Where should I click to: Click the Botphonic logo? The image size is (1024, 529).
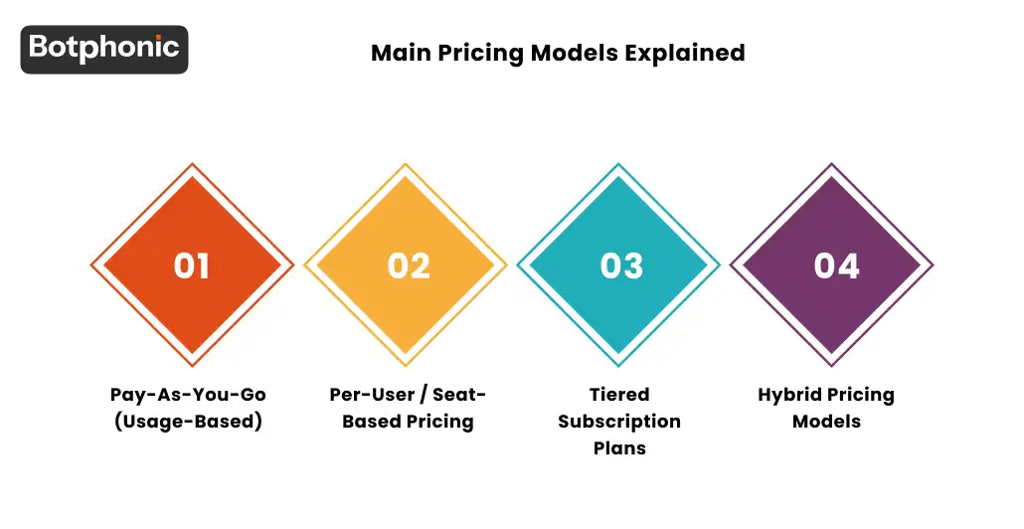pos(104,49)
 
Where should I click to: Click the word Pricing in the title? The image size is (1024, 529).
pos(476,53)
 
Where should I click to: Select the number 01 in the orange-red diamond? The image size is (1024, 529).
pos(192,266)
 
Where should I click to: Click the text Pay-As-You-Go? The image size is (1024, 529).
pos(188,395)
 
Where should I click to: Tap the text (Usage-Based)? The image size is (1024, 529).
pos(188,422)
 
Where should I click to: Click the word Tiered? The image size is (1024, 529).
pos(619,395)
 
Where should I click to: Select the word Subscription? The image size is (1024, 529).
pos(619,422)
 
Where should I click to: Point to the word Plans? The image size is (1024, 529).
pos(619,448)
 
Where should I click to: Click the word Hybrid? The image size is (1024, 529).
pos(789,395)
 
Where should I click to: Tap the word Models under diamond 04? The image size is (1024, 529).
pos(826,422)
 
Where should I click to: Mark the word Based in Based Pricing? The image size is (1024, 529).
pos(371,422)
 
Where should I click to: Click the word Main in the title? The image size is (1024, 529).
pos(396,53)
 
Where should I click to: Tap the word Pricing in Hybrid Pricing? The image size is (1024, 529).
pos(862,395)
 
